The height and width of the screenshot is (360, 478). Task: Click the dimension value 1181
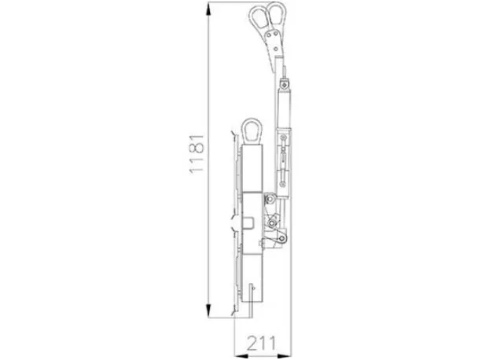pos(197,154)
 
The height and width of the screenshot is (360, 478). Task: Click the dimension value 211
pos(261,343)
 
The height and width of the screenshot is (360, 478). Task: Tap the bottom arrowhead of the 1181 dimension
pos(208,310)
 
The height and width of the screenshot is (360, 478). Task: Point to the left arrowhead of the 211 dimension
pos(241,356)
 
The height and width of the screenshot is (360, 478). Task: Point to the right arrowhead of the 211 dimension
pos(285,356)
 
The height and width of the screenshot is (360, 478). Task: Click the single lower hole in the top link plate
pos(276,49)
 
